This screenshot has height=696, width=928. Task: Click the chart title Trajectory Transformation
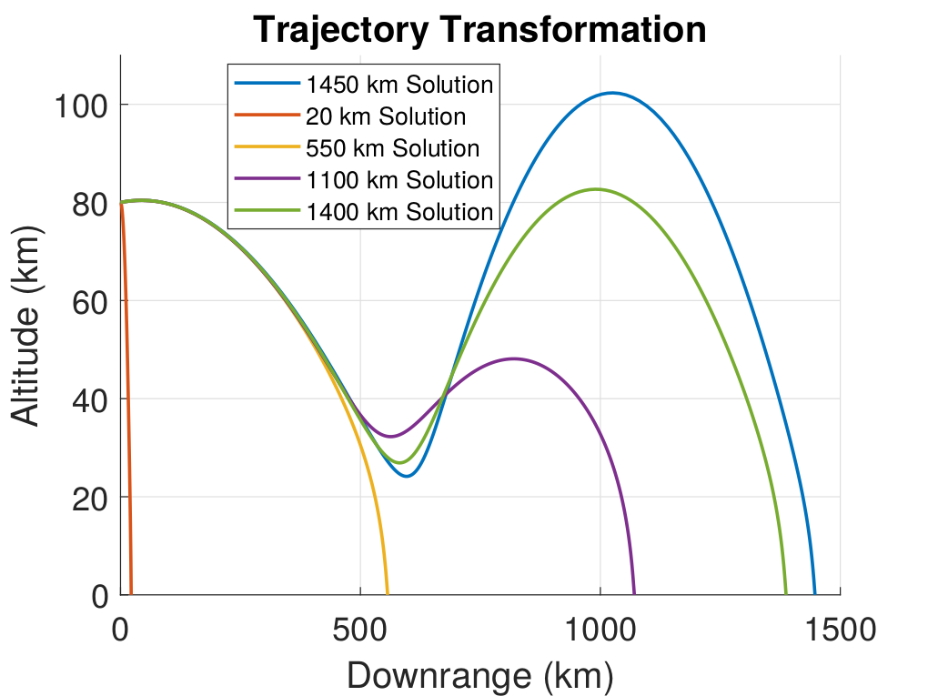point(479,30)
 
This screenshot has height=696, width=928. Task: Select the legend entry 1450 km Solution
point(399,86)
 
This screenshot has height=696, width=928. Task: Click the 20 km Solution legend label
point(386,117)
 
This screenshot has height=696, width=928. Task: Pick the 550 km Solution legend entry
point(392,149)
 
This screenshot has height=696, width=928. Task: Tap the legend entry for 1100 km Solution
point(399,180)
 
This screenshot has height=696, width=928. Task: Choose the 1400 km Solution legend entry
point(399,212)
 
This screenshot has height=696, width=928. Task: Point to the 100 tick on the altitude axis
point(81,106)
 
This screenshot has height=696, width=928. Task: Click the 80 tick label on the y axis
point(89,204)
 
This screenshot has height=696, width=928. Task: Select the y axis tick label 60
point(89,302)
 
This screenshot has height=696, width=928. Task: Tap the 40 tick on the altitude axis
point(89,400)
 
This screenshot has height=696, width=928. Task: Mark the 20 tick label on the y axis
point(89,499)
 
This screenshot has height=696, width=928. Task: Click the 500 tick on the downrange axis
point(360,629)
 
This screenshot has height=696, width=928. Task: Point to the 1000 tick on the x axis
point(600,629)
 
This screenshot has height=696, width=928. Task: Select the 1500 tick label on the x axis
point(839,629)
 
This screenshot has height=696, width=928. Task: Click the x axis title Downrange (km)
point(479,676)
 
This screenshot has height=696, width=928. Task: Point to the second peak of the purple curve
point(514,358)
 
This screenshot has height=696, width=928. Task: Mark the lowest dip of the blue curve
point(407,476)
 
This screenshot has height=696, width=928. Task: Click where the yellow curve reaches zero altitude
point(388,594)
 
